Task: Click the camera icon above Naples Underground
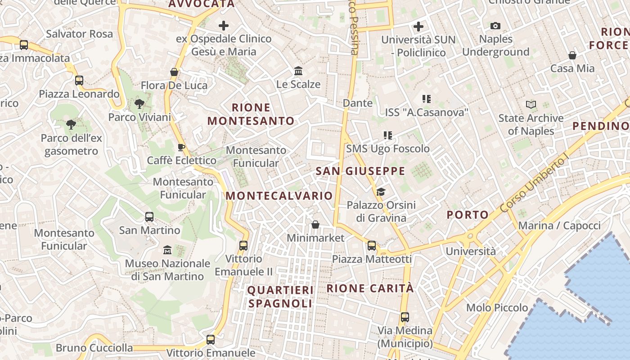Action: click(495, 26)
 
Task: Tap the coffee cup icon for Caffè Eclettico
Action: click(181, 147)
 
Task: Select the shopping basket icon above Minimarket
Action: click(315, 224)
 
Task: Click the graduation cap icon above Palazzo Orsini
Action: click(381, 192)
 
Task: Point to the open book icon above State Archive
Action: click(531, 104)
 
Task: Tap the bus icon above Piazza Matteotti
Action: click(372, 246)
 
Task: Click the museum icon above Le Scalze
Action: click(298, 71)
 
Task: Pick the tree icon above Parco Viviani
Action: click(139, 104)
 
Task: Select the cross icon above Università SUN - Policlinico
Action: click(418, 27)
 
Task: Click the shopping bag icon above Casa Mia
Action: click(572, 55)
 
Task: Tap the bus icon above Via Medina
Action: click(405, 317)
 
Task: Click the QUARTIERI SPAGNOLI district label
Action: click(280, 297)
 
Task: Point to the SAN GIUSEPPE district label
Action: click(360, 171)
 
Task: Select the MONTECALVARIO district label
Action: click(279, 196)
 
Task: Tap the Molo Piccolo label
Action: click(497, 308)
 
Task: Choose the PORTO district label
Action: click(468, 215)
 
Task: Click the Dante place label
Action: click(358, 103)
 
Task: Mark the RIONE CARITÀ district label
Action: click(370, 288)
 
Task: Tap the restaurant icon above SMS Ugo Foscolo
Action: click(388, 135)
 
